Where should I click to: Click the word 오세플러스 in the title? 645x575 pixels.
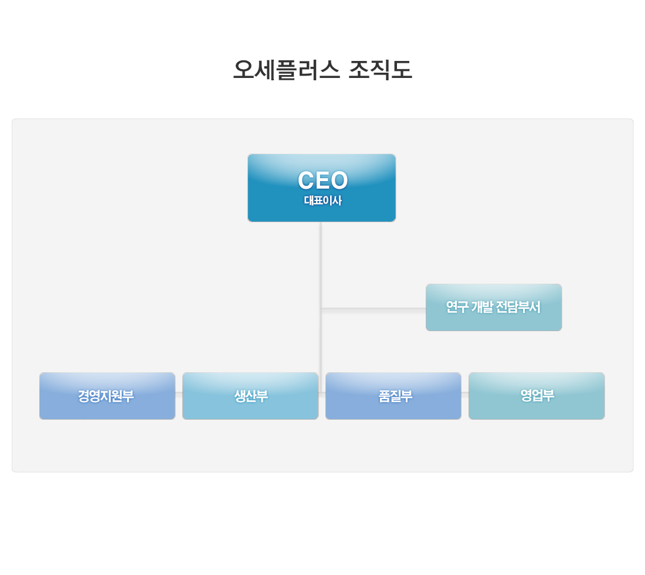click(287, 70)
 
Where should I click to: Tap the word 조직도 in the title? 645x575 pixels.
click(380, 70)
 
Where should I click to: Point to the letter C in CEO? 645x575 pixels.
click(306, 180)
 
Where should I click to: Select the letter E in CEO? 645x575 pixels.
click(323, 180)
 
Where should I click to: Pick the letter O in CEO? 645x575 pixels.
click(340, 180)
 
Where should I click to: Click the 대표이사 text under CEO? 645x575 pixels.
click(323, 200)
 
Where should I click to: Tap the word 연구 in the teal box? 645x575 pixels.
click(457, 307)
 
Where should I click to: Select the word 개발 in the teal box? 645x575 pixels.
click(482, 307)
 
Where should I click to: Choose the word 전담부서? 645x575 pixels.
click(518, 307)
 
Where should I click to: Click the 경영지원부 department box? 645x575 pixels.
click(107, 396)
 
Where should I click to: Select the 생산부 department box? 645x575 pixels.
click(250, 396)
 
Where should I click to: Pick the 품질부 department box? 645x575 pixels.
click(393, 396)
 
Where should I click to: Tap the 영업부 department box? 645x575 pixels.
click(537, 396)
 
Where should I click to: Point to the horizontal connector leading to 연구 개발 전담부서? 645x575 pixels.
click(374, 308)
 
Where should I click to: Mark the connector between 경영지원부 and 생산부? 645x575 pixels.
click(179, 393)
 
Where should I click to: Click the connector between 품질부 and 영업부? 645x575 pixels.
click(465, 393)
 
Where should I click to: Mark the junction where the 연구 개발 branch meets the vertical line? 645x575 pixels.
click(321, 308)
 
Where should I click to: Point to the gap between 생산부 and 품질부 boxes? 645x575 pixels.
click(322, 396)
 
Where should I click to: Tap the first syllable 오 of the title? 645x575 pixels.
click(243, 70)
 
